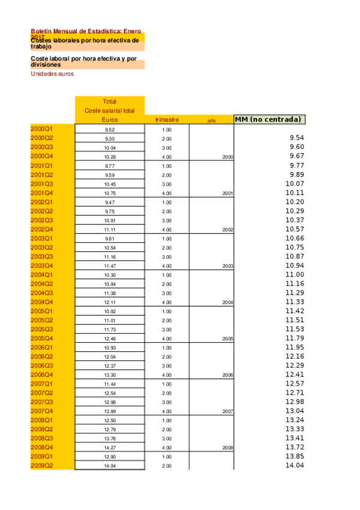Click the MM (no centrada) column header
coord(267,119)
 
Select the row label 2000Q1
coord(42,129)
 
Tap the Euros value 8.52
coord(109,130)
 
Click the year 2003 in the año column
coord(227,266)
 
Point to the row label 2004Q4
coord(42,302)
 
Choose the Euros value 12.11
coord(109,302)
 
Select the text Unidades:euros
coord(52,74)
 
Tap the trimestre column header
coord(166,120)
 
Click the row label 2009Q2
coord(42,466)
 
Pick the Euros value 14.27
coord(109,447)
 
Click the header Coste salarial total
coord(109,111)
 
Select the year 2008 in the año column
coord(227,448)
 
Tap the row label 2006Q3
coord(42,366)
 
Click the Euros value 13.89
coord(109,411)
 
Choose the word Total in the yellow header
coord(109,102)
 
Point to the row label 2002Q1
coord(42,202)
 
